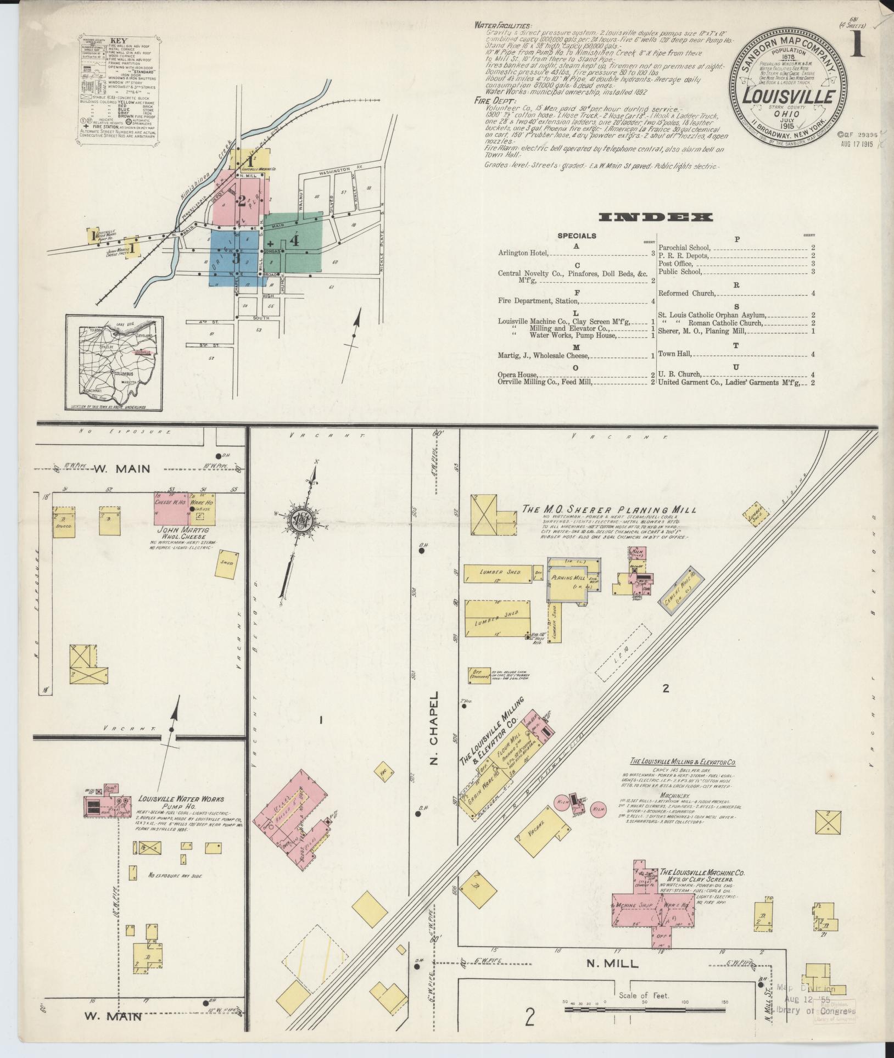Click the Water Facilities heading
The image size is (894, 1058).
(503, 25)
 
